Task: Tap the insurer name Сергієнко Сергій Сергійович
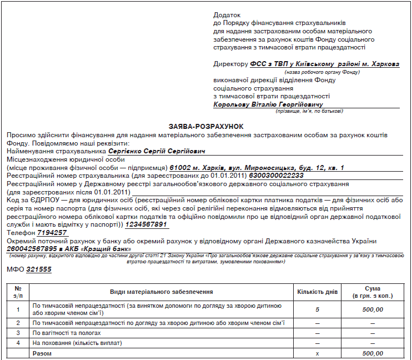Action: (157, 151)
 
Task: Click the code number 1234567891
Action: (147, 224)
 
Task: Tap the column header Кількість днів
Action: (316, 292)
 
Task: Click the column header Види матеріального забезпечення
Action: (162, 292)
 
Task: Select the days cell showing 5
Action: (317, 309)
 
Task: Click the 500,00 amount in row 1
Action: (373, 309)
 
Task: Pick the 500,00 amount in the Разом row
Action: (373, 353)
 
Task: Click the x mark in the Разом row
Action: (317, 353)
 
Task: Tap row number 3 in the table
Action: (18, 333)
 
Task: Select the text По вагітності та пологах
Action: (67, 333)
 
